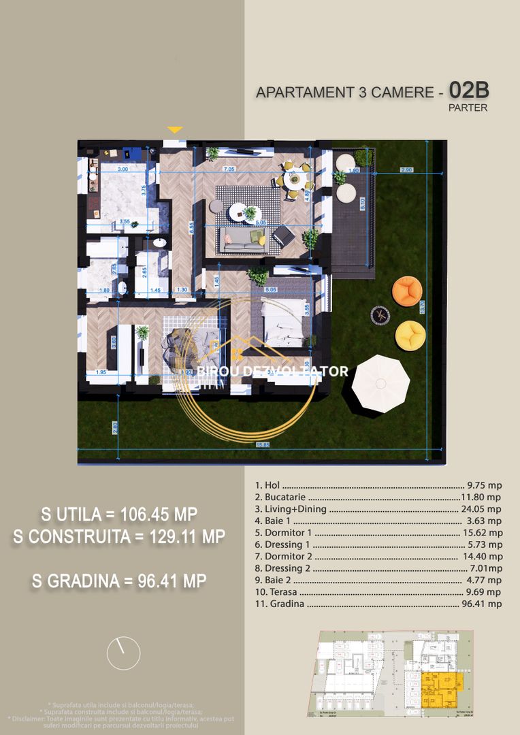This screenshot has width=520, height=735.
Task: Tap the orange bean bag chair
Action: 407,291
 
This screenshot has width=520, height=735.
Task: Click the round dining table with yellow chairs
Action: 295,182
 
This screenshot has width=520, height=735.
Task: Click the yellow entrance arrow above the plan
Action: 175,129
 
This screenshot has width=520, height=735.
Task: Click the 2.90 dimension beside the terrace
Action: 407,169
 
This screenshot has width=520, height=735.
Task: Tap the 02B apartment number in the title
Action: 468,90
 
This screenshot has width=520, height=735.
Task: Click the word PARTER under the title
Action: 468,108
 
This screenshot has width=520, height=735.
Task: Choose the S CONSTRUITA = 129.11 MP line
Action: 119,537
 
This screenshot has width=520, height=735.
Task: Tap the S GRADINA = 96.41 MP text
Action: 119,581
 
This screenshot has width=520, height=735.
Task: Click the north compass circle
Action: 123,653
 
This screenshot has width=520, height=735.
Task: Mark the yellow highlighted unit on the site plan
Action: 440,690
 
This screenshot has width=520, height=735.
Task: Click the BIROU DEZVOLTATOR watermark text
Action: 272,372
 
